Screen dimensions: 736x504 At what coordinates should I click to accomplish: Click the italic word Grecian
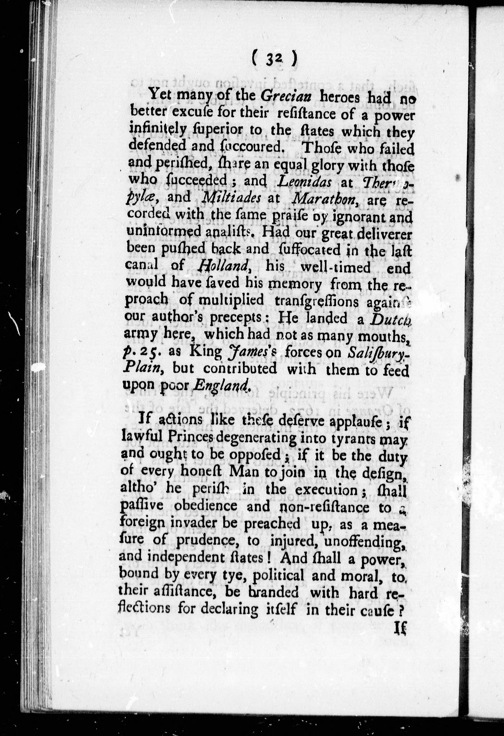pos(286,96)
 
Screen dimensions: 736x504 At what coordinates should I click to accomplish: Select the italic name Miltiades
pos(231,198)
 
